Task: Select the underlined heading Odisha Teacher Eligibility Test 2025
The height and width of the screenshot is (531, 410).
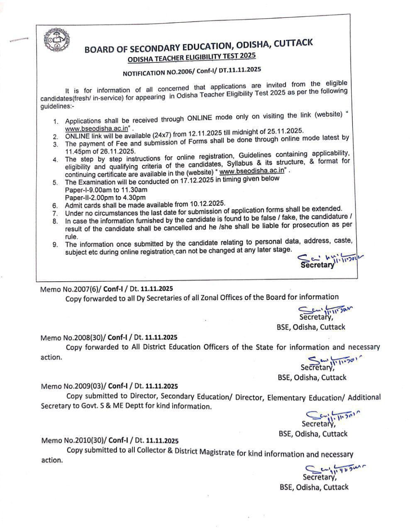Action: (192, 58)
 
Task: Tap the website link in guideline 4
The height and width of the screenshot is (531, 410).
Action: (252, 171)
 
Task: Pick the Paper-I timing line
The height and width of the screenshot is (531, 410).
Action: (106, 190)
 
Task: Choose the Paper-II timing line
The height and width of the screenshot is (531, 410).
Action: (105, 197)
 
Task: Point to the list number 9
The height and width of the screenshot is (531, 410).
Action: (55, 244)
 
